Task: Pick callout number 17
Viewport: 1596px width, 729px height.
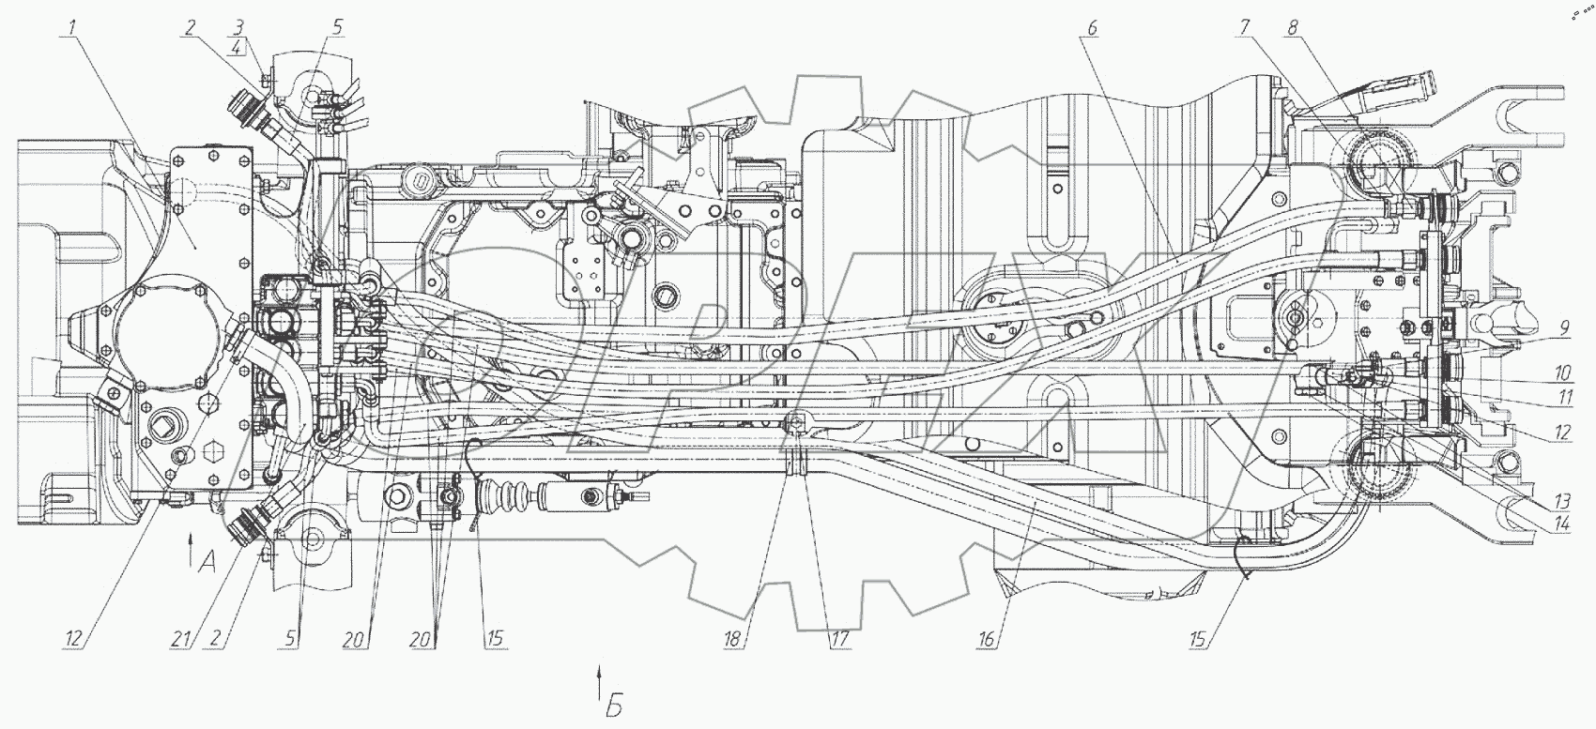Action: (837, 641)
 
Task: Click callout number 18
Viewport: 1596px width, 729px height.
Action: (734, 641)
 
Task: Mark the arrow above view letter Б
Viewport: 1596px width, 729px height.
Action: (597, 678)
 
